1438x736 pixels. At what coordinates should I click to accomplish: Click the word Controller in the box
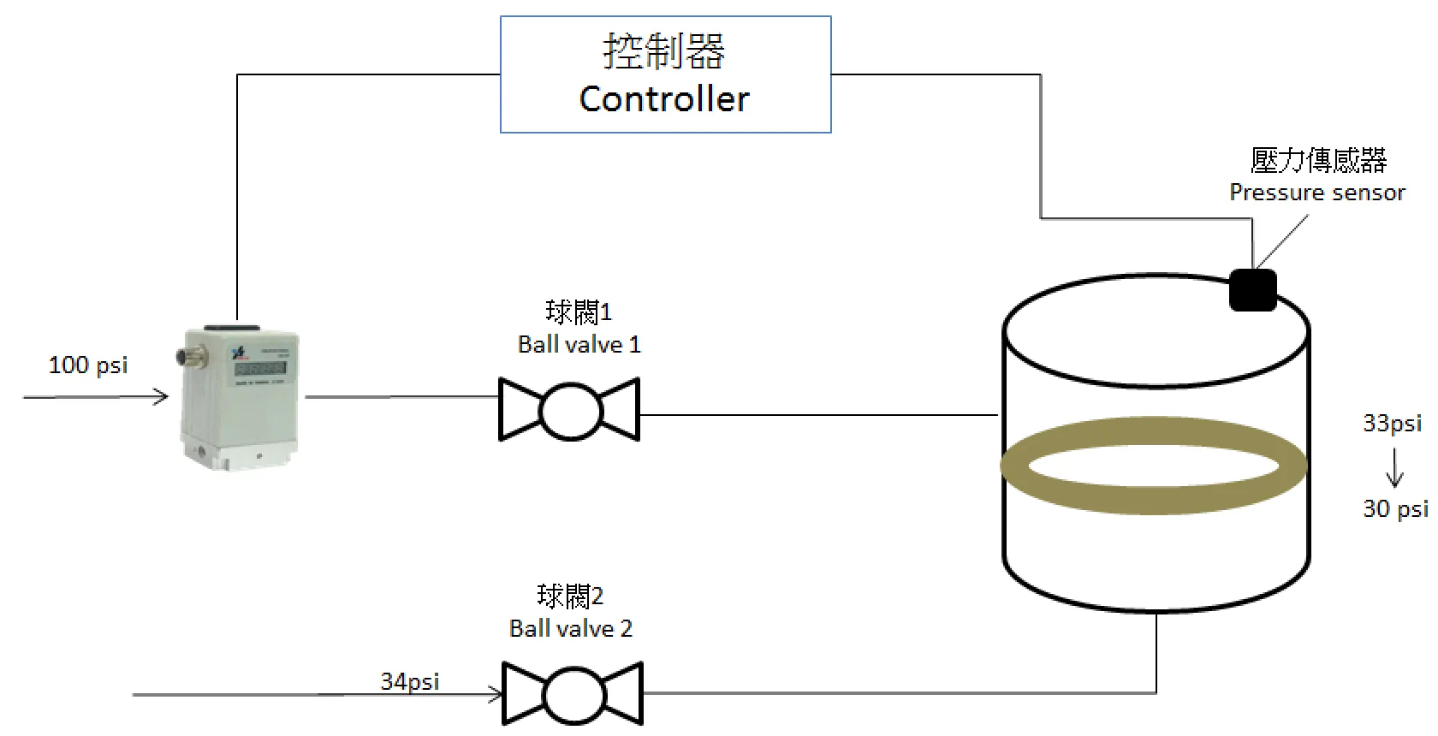(x=664, y=99)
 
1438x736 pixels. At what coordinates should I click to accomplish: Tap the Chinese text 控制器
(x=664, y=50)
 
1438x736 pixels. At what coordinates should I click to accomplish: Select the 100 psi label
(x=88, y=365)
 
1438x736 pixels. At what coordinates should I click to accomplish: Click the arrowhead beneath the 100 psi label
(x=161, y=396)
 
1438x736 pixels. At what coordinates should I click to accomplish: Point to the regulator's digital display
(x=260, y=369)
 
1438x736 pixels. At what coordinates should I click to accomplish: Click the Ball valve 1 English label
(x=579, y=345)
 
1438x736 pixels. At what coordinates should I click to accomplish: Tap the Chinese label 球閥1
(x=579, y=312)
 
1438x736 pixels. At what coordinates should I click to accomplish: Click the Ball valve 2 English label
(x=570, y=629)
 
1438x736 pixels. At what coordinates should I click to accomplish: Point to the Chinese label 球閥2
(x=570, y=596)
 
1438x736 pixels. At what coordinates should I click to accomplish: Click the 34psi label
(x=410, y=682)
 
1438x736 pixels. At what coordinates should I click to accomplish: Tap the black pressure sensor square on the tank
(x=1252, y=290)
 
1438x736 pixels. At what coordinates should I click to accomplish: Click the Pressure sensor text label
(x=1316, y=193)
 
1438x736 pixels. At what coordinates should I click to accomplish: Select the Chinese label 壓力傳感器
(x=1318, y=160)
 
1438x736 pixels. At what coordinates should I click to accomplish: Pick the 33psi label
(x=1392, y=423)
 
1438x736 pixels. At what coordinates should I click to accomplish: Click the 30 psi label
(x=1395, y=508)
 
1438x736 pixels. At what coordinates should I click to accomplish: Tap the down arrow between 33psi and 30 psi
(x=1394, y=467)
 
